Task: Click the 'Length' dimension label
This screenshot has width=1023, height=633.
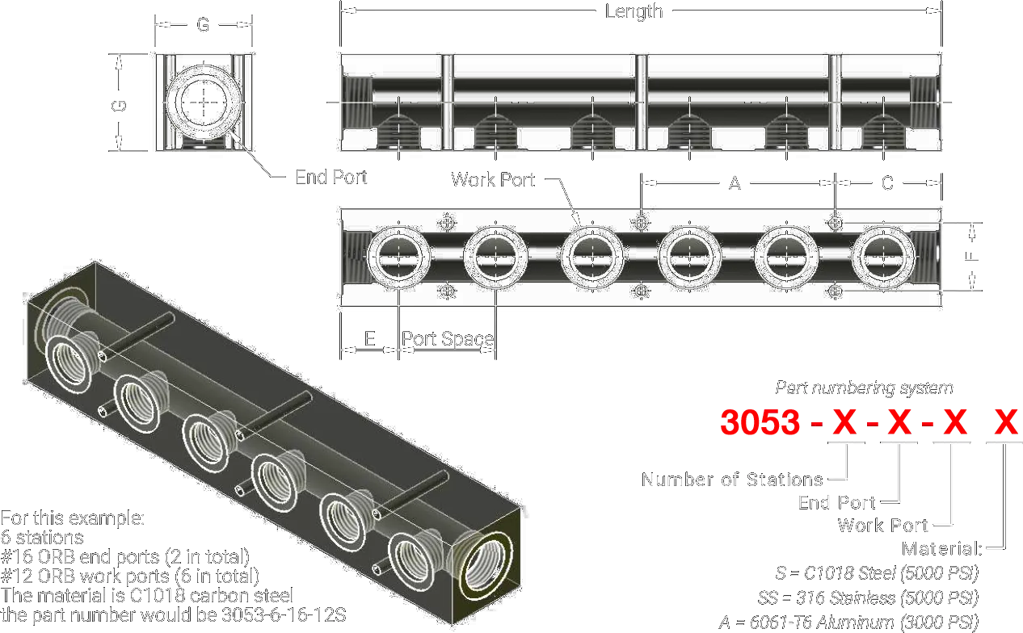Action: (x=634, y=11)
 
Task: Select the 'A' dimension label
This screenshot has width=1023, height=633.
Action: (x=735, y=183)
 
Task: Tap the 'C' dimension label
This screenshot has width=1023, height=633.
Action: (x=887, y=183)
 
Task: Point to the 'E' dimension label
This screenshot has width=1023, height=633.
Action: (x=370, y=338)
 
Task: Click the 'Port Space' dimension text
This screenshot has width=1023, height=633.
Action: (x=448, y=338)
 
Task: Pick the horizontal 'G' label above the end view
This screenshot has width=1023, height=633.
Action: (x=203, y=24)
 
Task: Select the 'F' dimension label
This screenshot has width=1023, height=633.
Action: (x=971, y=256)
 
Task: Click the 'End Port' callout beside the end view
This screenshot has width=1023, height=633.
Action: (x=331, y=177)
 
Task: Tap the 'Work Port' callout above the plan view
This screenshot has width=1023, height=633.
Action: (x=493, y=179)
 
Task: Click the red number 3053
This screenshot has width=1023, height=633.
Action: (x=760, y=421)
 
